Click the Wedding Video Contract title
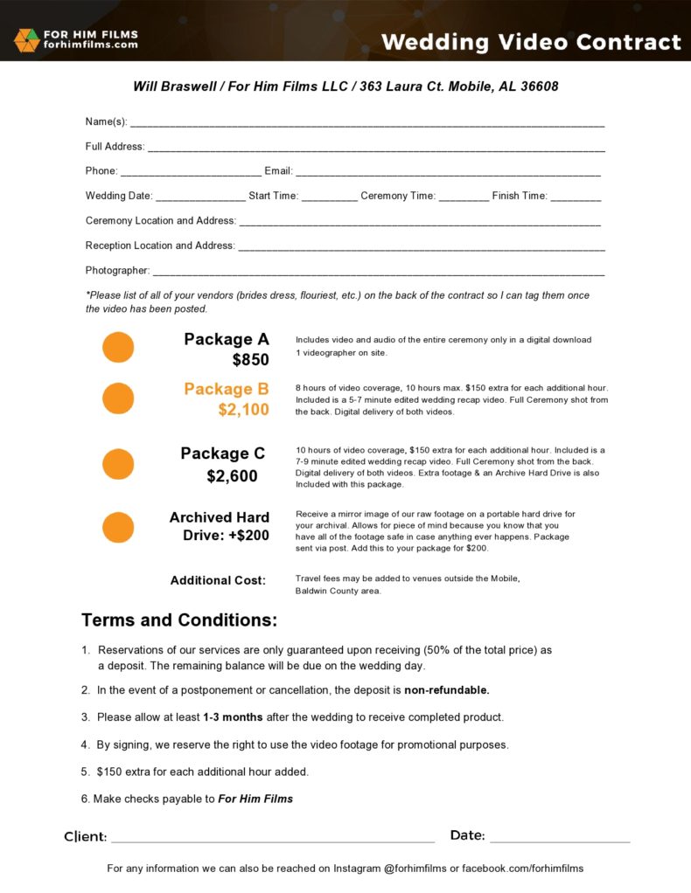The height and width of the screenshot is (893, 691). [531, 42]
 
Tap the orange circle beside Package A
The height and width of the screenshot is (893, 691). [118, 347]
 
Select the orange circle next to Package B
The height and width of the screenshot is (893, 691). [118, 398]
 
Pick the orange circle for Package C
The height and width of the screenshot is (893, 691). [118, 464]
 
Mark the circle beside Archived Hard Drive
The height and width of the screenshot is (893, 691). [118, 527]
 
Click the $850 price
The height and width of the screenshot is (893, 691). [250, 359]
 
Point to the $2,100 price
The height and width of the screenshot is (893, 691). [243, 409]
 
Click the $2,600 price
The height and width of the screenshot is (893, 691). [232, 476]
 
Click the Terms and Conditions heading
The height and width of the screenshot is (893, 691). [179, 620]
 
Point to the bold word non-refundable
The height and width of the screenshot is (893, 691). [446, 690]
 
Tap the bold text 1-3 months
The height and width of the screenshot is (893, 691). [234, 717]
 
